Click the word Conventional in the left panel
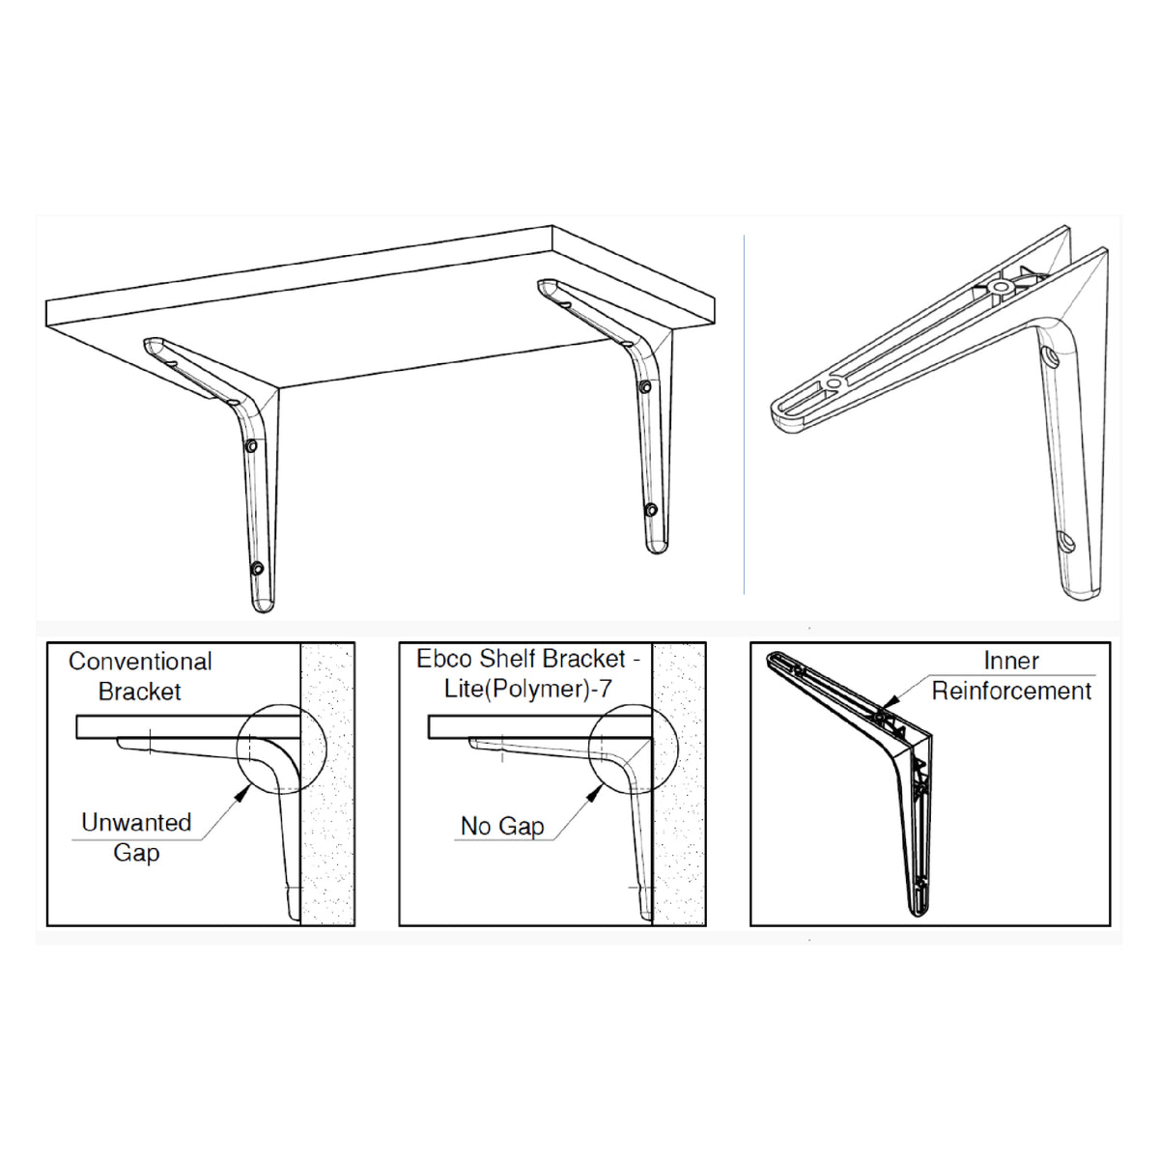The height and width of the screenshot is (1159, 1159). [140, 662]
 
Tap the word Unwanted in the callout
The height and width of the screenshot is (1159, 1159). [136, 822]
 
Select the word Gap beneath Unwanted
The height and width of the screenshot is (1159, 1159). [136, 854]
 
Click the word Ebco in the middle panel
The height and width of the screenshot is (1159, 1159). [439, 659]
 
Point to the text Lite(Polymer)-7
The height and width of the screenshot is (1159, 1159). [528, 690]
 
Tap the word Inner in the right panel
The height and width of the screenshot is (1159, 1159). [1011, 661]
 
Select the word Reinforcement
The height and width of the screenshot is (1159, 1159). [1011, 692]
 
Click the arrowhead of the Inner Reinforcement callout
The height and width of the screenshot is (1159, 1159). [892, 700]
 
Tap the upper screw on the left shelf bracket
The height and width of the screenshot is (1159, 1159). [251, 445]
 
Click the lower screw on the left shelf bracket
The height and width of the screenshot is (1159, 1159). [257, 568]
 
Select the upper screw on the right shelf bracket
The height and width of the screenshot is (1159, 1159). [645, 386]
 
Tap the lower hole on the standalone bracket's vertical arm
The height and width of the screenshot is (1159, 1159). [1066, 542]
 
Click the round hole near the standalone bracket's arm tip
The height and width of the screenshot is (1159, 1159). [834, 382]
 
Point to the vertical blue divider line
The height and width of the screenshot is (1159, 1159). [744, 414]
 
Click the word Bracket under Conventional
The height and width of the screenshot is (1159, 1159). [139, 692]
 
